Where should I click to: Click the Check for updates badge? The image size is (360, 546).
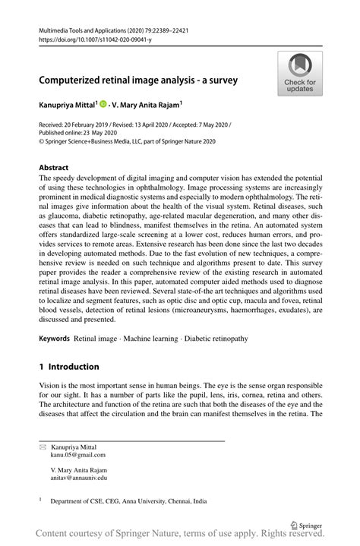300,74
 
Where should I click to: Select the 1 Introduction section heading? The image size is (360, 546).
68,366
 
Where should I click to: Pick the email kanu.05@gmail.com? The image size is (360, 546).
78,456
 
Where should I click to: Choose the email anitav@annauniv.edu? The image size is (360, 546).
79,478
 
